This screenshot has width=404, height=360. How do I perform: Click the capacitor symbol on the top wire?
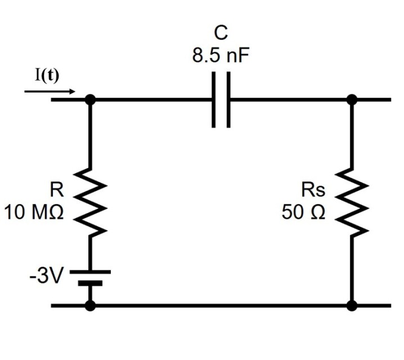221,100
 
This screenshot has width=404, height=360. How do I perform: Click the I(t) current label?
47,76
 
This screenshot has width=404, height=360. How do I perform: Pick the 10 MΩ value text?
34,213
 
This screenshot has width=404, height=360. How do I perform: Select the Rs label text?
312,190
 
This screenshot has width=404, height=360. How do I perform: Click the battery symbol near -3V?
89,277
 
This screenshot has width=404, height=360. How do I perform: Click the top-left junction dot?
89,100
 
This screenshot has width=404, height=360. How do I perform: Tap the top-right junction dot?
352,100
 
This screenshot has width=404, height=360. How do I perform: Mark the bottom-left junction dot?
89,305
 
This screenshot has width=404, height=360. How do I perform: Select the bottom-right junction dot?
352,305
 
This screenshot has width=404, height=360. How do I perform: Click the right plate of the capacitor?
228,100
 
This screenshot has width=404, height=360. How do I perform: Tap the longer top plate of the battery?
89,272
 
